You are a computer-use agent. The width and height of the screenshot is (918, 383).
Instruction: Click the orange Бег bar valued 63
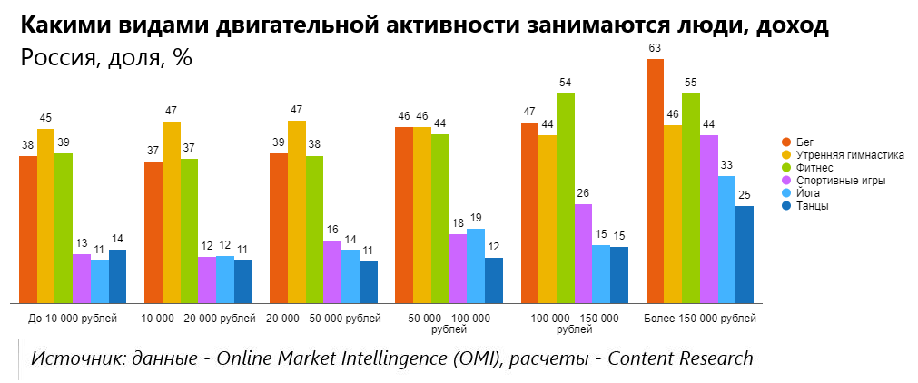pos(655,182)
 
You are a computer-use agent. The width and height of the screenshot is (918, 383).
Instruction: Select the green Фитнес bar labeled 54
pos(565,198)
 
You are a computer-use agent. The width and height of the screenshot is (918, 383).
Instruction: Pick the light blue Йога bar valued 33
pos(726,240)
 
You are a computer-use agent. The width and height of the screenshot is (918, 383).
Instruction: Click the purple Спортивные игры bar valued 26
pos(583,253)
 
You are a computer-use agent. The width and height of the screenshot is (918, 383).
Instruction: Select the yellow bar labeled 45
pos(45,216)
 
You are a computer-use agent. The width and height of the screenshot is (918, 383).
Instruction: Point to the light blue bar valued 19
pos(476,266)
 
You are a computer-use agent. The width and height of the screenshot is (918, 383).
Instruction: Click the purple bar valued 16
pos(332,271)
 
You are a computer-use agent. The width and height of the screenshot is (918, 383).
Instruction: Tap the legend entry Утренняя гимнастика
pos(850,154)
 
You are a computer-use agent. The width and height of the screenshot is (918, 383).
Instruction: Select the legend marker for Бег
pos(786,142)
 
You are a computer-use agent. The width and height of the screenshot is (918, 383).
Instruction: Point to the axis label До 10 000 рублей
pos(72,319)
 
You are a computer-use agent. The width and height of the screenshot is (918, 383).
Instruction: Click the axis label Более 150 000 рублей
pos(699,319)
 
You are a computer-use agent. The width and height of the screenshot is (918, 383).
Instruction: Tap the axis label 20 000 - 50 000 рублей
pos(323,319)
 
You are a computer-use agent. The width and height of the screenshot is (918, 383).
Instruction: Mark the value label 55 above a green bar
pos(691,81)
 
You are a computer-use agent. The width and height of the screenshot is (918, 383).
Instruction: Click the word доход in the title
pos(791,25)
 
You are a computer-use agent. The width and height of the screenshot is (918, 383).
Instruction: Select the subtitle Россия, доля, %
pos(106,58)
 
